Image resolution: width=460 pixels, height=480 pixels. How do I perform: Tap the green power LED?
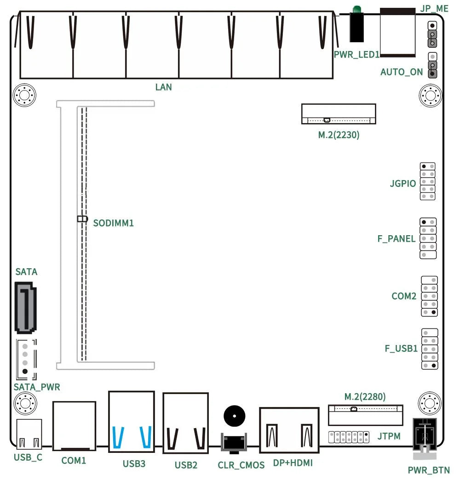(x=356, y=9)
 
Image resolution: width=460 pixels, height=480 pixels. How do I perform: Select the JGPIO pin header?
(x=427, y=181)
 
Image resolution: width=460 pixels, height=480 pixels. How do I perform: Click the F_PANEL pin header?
(x=427, y=238)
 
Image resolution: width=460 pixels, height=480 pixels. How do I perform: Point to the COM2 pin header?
(x=429, y=296)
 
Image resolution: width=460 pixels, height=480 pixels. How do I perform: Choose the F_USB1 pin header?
(x=429, y=349)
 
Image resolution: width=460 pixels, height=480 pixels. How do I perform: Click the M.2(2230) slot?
(x=339, y=114)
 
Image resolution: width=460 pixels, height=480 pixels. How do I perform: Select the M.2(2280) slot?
(x=365, y=415)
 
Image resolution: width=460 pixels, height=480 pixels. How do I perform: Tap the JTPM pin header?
(x=349, y=437)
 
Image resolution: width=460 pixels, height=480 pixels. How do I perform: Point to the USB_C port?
(x=29, y=434)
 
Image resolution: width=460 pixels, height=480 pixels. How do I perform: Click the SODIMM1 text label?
(x=113, y=224)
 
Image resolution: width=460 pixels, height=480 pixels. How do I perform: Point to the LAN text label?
(x=163, y=87)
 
